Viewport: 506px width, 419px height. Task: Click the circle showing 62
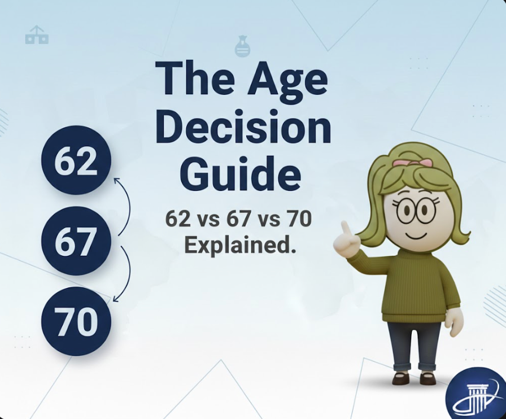[x=76, y=161]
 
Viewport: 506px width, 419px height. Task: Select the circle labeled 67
[x=76, y=241]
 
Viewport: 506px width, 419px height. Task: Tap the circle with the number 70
[x=76, y=321]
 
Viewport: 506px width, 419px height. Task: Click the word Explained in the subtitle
[x=239, y=245]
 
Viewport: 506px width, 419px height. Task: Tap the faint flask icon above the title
[x=242, y=47]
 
